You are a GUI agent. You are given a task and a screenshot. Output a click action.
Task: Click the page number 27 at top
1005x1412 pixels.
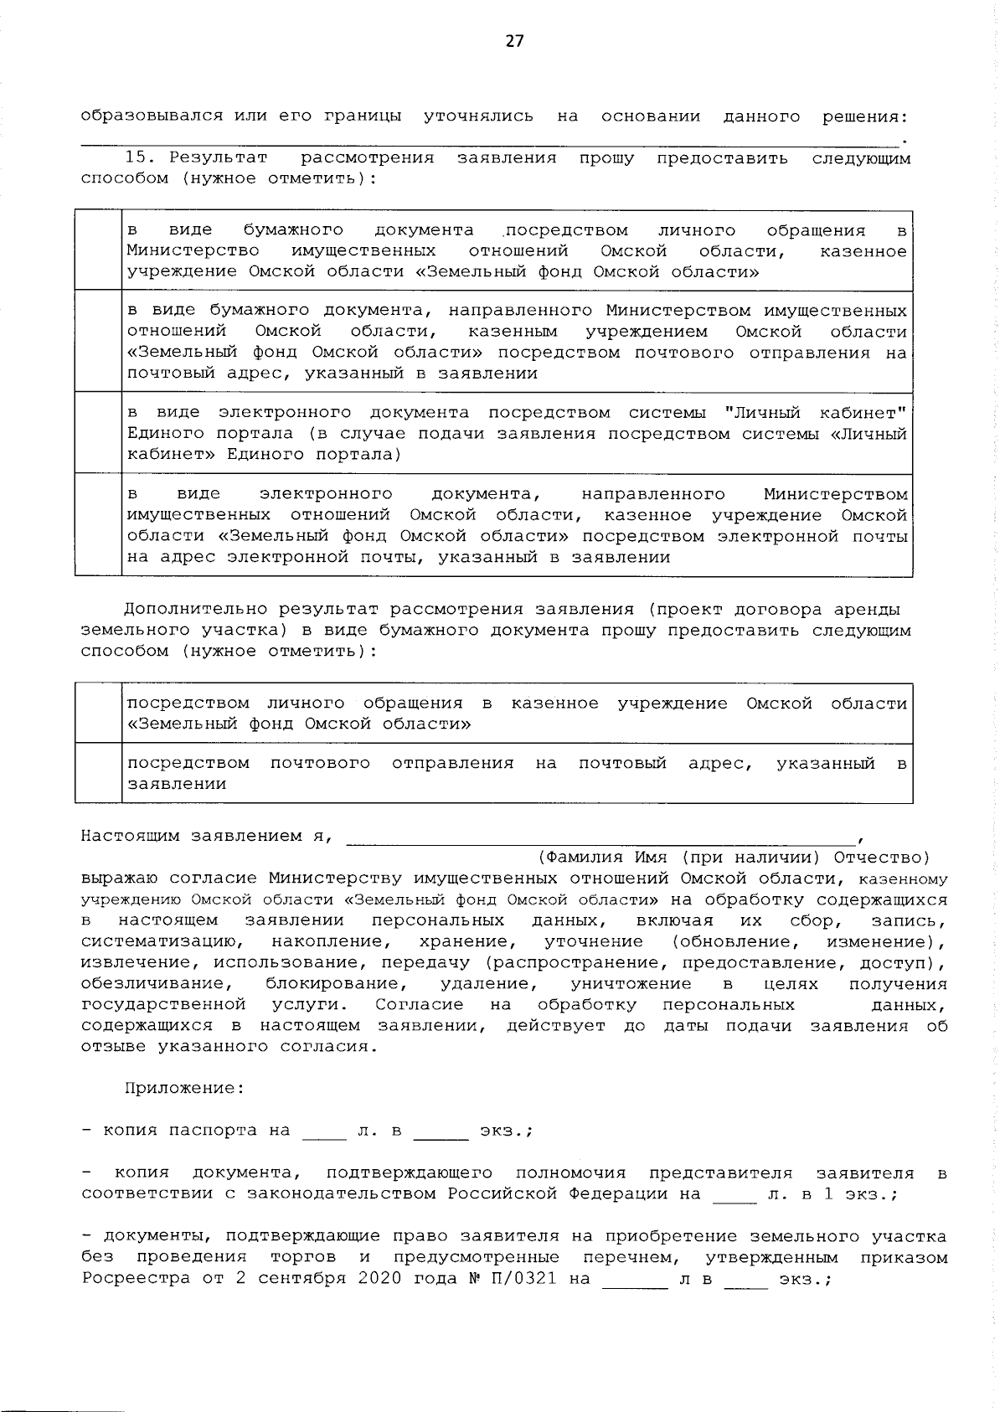click(513, 41)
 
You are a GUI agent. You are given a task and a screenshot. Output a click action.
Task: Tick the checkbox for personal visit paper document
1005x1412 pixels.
click(99, 250)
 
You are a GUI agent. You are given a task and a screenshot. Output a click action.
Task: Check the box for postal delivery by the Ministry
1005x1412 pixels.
click(99, 342)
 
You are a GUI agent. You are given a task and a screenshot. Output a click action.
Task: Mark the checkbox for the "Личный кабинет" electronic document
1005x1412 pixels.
click(99, 433)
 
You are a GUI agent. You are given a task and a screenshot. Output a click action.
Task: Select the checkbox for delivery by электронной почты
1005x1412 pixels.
click(99, 525)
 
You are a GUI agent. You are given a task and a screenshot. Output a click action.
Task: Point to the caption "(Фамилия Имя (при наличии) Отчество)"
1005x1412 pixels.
click(733, 857)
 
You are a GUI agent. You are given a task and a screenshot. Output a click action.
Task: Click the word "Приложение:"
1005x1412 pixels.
click(185, 1088)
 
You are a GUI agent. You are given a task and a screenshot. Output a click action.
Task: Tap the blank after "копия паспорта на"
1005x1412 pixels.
click(324, 1131)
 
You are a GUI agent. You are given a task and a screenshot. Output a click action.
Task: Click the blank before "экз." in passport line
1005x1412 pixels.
click(441, 1131)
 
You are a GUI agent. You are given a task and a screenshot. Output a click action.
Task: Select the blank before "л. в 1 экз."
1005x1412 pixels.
click(734, 1194)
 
